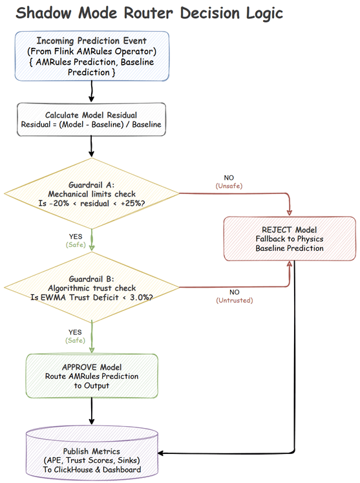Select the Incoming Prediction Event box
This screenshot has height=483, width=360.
pos(91,56)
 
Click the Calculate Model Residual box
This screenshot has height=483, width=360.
pos(91,120)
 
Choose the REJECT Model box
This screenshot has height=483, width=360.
pos(290,239)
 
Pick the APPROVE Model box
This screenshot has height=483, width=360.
pos(91,376)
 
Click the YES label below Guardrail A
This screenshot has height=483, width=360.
pos(75,237)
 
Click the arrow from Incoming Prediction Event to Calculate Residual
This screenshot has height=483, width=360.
pos(91,91)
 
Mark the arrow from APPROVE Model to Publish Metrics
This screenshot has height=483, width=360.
pos(91,411)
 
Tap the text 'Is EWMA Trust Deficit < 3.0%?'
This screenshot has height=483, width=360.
pos(91,297)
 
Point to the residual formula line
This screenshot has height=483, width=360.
pos(91,125)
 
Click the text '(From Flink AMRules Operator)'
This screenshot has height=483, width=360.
pos(91,51)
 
